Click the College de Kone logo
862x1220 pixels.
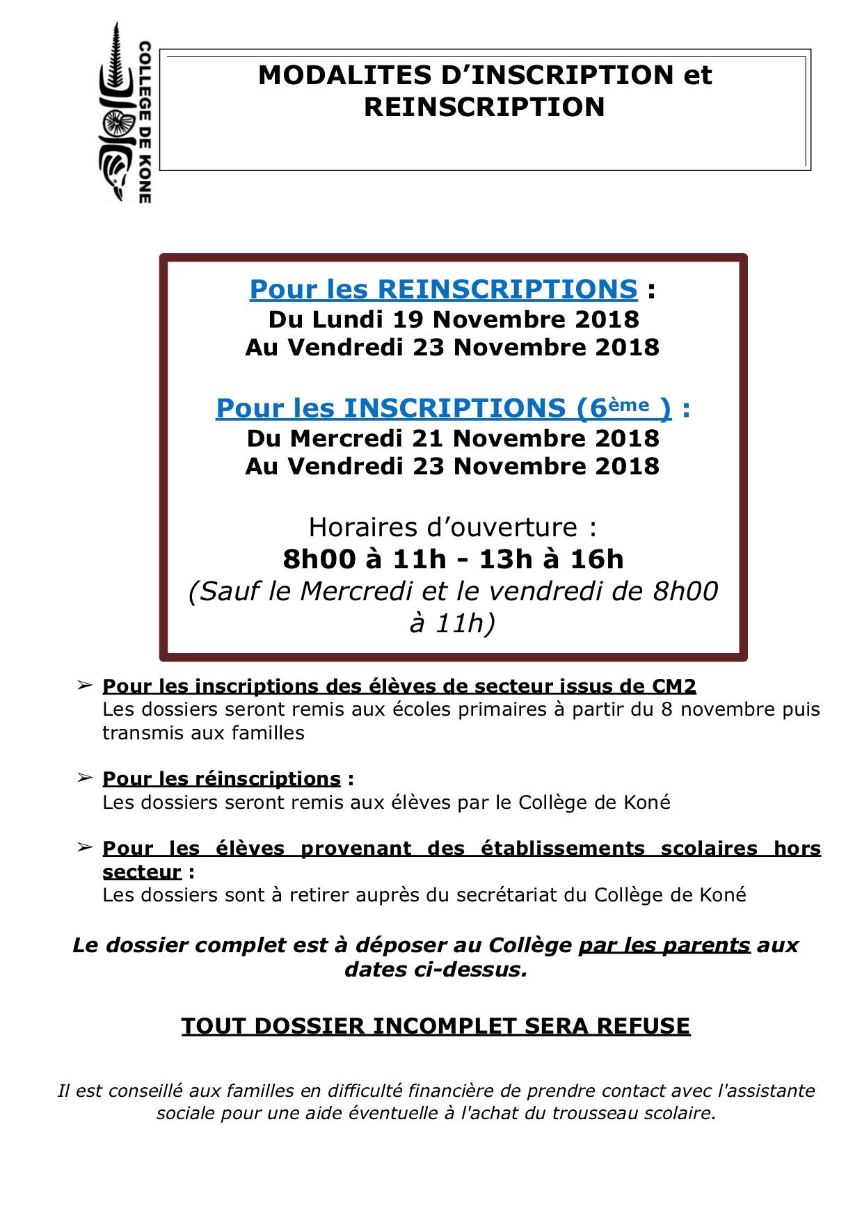coord(125,113)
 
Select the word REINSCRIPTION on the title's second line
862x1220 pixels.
coord(484,107)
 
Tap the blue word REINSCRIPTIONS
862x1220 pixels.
coord(507,289)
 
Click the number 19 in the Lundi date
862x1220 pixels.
coord(408,319)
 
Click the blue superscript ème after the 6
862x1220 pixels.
coord(632,403)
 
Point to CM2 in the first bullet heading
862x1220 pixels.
coord(673,686)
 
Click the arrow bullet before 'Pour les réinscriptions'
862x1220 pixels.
coord(84,777)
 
